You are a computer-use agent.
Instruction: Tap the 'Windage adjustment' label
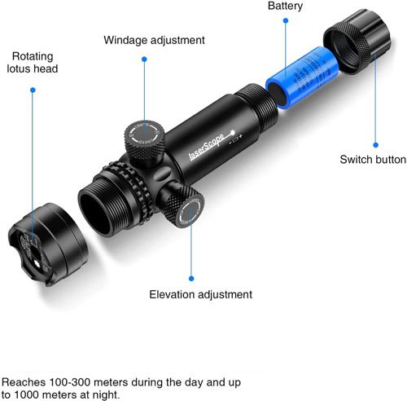point(154,39)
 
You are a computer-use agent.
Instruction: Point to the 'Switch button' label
point(372,159)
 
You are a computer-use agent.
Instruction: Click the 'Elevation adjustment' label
point(201,294)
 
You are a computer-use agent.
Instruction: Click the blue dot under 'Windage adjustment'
point(144,59)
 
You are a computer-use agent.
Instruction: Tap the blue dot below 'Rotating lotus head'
point(33,90)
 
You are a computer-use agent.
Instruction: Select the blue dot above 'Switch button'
point(375,139)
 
